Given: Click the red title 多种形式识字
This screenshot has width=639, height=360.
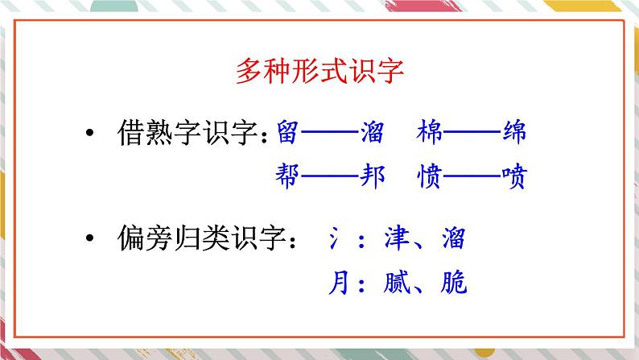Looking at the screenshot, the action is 319,71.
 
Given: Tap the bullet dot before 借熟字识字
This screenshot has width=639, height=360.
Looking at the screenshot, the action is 90,132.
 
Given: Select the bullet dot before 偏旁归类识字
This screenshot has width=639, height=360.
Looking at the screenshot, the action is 90,238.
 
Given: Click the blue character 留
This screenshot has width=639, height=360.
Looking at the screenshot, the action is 288,132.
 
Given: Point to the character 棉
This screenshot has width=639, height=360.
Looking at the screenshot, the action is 429,132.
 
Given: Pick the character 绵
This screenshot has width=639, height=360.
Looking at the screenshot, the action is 514,132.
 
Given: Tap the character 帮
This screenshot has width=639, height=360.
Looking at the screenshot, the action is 288,176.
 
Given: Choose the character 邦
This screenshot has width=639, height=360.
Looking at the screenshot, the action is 372,176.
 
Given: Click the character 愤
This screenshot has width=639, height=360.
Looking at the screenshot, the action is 429,176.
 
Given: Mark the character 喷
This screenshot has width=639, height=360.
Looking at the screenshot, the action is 514,176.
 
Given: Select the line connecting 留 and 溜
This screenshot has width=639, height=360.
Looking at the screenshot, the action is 329,132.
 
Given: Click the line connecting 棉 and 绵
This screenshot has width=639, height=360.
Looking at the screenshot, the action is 472,132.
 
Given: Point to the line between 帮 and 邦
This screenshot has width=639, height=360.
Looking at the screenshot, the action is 329,176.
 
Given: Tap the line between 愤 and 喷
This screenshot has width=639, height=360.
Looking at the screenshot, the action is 472,176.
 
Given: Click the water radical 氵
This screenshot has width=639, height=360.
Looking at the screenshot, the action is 334,238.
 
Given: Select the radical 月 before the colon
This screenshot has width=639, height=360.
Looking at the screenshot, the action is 339,282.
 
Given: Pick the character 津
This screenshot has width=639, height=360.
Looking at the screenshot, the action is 397,238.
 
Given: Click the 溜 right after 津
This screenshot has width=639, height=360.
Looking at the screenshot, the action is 454,238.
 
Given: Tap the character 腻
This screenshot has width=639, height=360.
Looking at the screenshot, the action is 397,282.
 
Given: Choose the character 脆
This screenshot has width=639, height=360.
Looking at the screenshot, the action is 454,282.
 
